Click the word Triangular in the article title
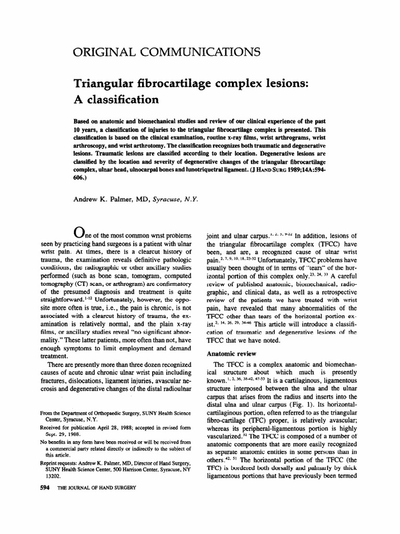[x=103, y=83]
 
